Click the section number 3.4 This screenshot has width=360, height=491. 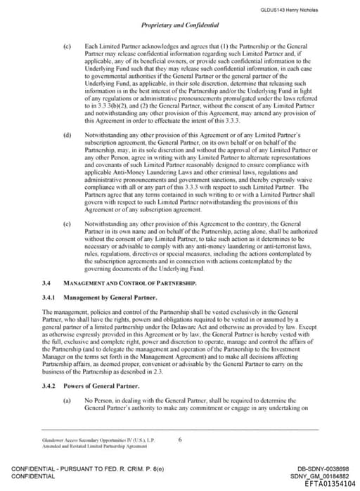coord(46,282)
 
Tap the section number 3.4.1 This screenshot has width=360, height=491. coord(49,297)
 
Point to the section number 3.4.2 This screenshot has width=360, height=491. coord(49,386)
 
